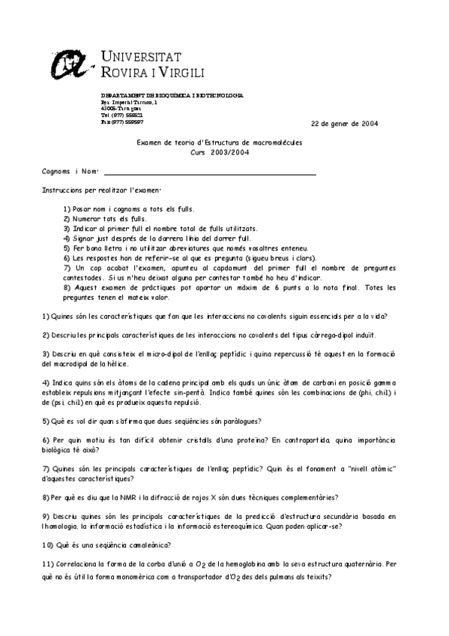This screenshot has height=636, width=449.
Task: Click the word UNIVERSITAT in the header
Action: coord(140,55)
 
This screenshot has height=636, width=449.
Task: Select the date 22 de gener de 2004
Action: coord(345,124)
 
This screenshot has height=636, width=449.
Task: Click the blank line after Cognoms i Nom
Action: coord(209,172)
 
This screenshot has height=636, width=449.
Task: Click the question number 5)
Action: coord(46,421)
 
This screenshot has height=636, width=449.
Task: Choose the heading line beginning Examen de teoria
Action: coord(220,142)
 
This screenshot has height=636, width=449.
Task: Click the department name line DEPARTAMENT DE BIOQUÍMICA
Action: coord(172,96)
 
